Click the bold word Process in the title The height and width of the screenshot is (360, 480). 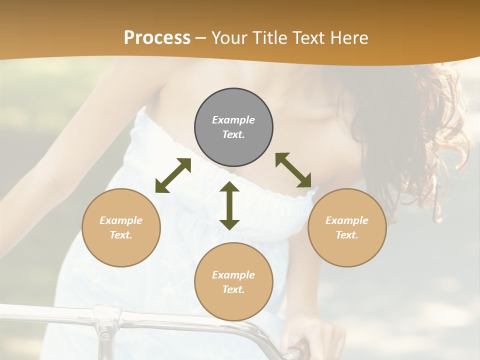click(x=157, y=38)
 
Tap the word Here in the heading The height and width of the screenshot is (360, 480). click(x=349, y=38)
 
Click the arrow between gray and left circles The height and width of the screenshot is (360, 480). click(x=173, y=175)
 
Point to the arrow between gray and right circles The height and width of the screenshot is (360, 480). click(x=293, y=170)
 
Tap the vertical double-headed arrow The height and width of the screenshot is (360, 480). click(x=229, y=205)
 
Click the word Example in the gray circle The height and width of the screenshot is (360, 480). click(x=233, y=120)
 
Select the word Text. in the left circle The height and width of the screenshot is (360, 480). click(x=121, y=235)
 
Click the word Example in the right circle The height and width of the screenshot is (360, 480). click(x=347, y=220)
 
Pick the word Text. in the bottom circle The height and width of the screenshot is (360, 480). click(x=233, y=289)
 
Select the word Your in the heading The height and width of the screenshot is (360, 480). click(x=229, y=38)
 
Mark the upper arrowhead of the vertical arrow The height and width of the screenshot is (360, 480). click(x=229, y=187)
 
